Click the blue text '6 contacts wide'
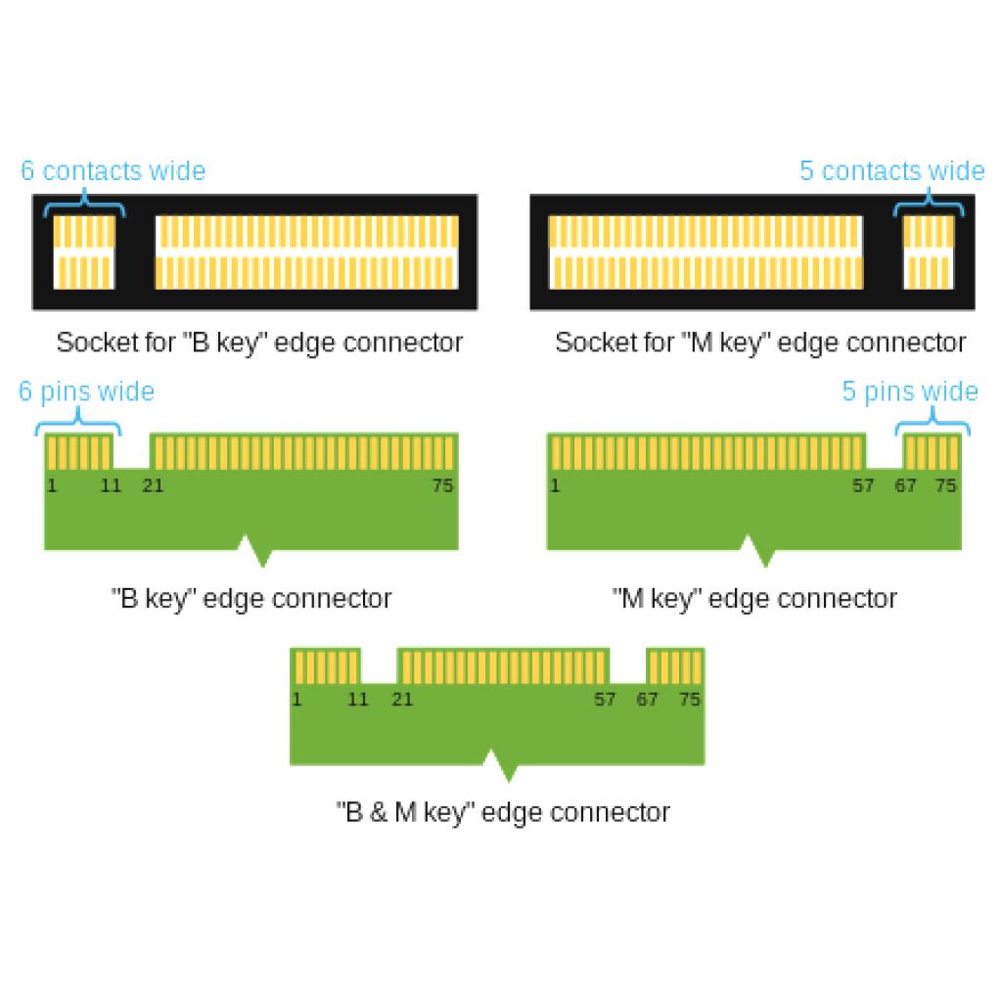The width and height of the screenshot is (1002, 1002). pyautogui.click(x=114, y=170)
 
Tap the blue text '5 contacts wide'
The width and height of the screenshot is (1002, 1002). pyautogui.click(x=892, y=170)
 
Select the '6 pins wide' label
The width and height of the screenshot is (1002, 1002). pyautogui.click(x=86, y=391)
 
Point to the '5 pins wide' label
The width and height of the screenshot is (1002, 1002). pyautogui.click(x=910, y=391)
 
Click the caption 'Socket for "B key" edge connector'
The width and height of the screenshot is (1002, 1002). pyautogui.click(x=259, y=342)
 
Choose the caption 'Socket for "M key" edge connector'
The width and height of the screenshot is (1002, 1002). pyautogui.click(x=760, y=342)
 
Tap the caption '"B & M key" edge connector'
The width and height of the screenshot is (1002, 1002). pyautogui.click(x=503, y=812)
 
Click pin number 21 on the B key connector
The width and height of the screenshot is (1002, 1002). pyautogui.click(x=153, y=485)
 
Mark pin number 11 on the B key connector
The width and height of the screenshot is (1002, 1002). pyautogui.click(x=111, y=485)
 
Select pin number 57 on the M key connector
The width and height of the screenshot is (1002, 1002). pyautogui.click(x=863, y=485)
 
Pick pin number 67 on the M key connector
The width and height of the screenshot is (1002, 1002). pyautogui.click(x=905, y=485)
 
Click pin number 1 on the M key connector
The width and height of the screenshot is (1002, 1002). pyautogui.click(x=555, y=485)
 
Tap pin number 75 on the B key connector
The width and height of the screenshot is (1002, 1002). pyautogui.click(x=442, y=485)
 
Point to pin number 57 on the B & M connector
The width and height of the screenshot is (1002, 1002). pyautogui.click(x=605, y=699)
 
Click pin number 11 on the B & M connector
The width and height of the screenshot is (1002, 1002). pyautogui.click(x=358, y=699)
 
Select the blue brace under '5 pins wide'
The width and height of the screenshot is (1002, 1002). pyautogui.click(x=933, y=423)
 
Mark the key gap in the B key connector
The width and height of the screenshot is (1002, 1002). pyautogui.click(x=132, y=451)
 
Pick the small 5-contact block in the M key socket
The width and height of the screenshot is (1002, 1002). pyautogui.click(x=928, y=251)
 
